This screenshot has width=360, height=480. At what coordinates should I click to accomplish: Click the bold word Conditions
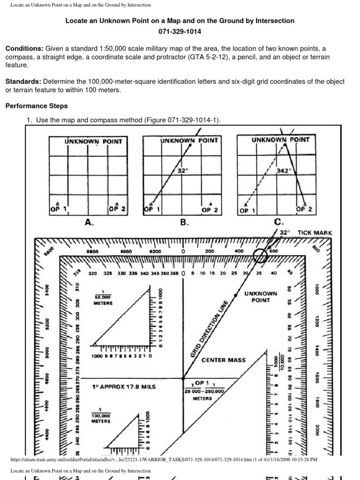24,49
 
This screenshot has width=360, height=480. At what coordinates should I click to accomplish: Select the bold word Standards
23,82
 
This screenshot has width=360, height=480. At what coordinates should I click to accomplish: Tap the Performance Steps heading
36,106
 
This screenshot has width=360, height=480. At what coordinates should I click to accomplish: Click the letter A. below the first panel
89,223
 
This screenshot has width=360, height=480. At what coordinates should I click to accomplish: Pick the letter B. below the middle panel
184,223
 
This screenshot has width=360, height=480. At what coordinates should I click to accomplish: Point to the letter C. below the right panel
279,223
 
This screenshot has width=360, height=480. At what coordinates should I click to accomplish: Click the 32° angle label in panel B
182,171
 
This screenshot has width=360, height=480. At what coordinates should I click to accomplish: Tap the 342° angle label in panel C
283,171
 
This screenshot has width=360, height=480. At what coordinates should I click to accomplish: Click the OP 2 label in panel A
117,210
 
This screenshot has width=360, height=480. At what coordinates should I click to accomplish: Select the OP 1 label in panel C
247,211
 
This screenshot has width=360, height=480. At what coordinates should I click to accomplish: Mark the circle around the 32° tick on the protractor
261,256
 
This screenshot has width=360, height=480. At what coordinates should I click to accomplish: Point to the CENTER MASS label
223,360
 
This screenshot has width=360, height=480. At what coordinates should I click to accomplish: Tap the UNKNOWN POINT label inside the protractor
261,297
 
